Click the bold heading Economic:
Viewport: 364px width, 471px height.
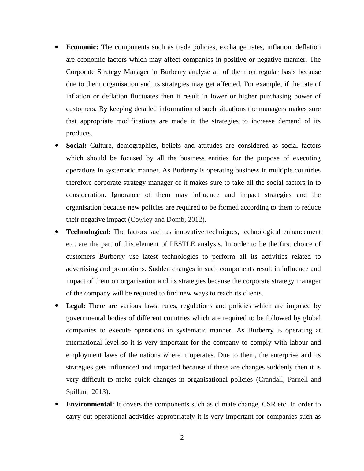pyautogui.click(x=82, y=47)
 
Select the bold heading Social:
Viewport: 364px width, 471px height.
pyautogui.click(x=76, y=146)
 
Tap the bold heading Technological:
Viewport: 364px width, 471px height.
pyautogui.click(x=88, y=232)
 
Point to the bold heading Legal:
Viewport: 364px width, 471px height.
pyautogui.click(x=76, y=306)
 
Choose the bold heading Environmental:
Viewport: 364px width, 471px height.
pyautogui.click(x=90, y=404)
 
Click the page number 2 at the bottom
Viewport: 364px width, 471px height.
pyautogui.click(x=182, y=438)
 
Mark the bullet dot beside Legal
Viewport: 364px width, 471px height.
pyautogui.click(x=57, y=306)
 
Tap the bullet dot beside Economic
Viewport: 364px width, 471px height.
pyautogui.click(x=57, y=47)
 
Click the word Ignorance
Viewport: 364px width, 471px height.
pyautogui.click(x=125, y=195)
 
